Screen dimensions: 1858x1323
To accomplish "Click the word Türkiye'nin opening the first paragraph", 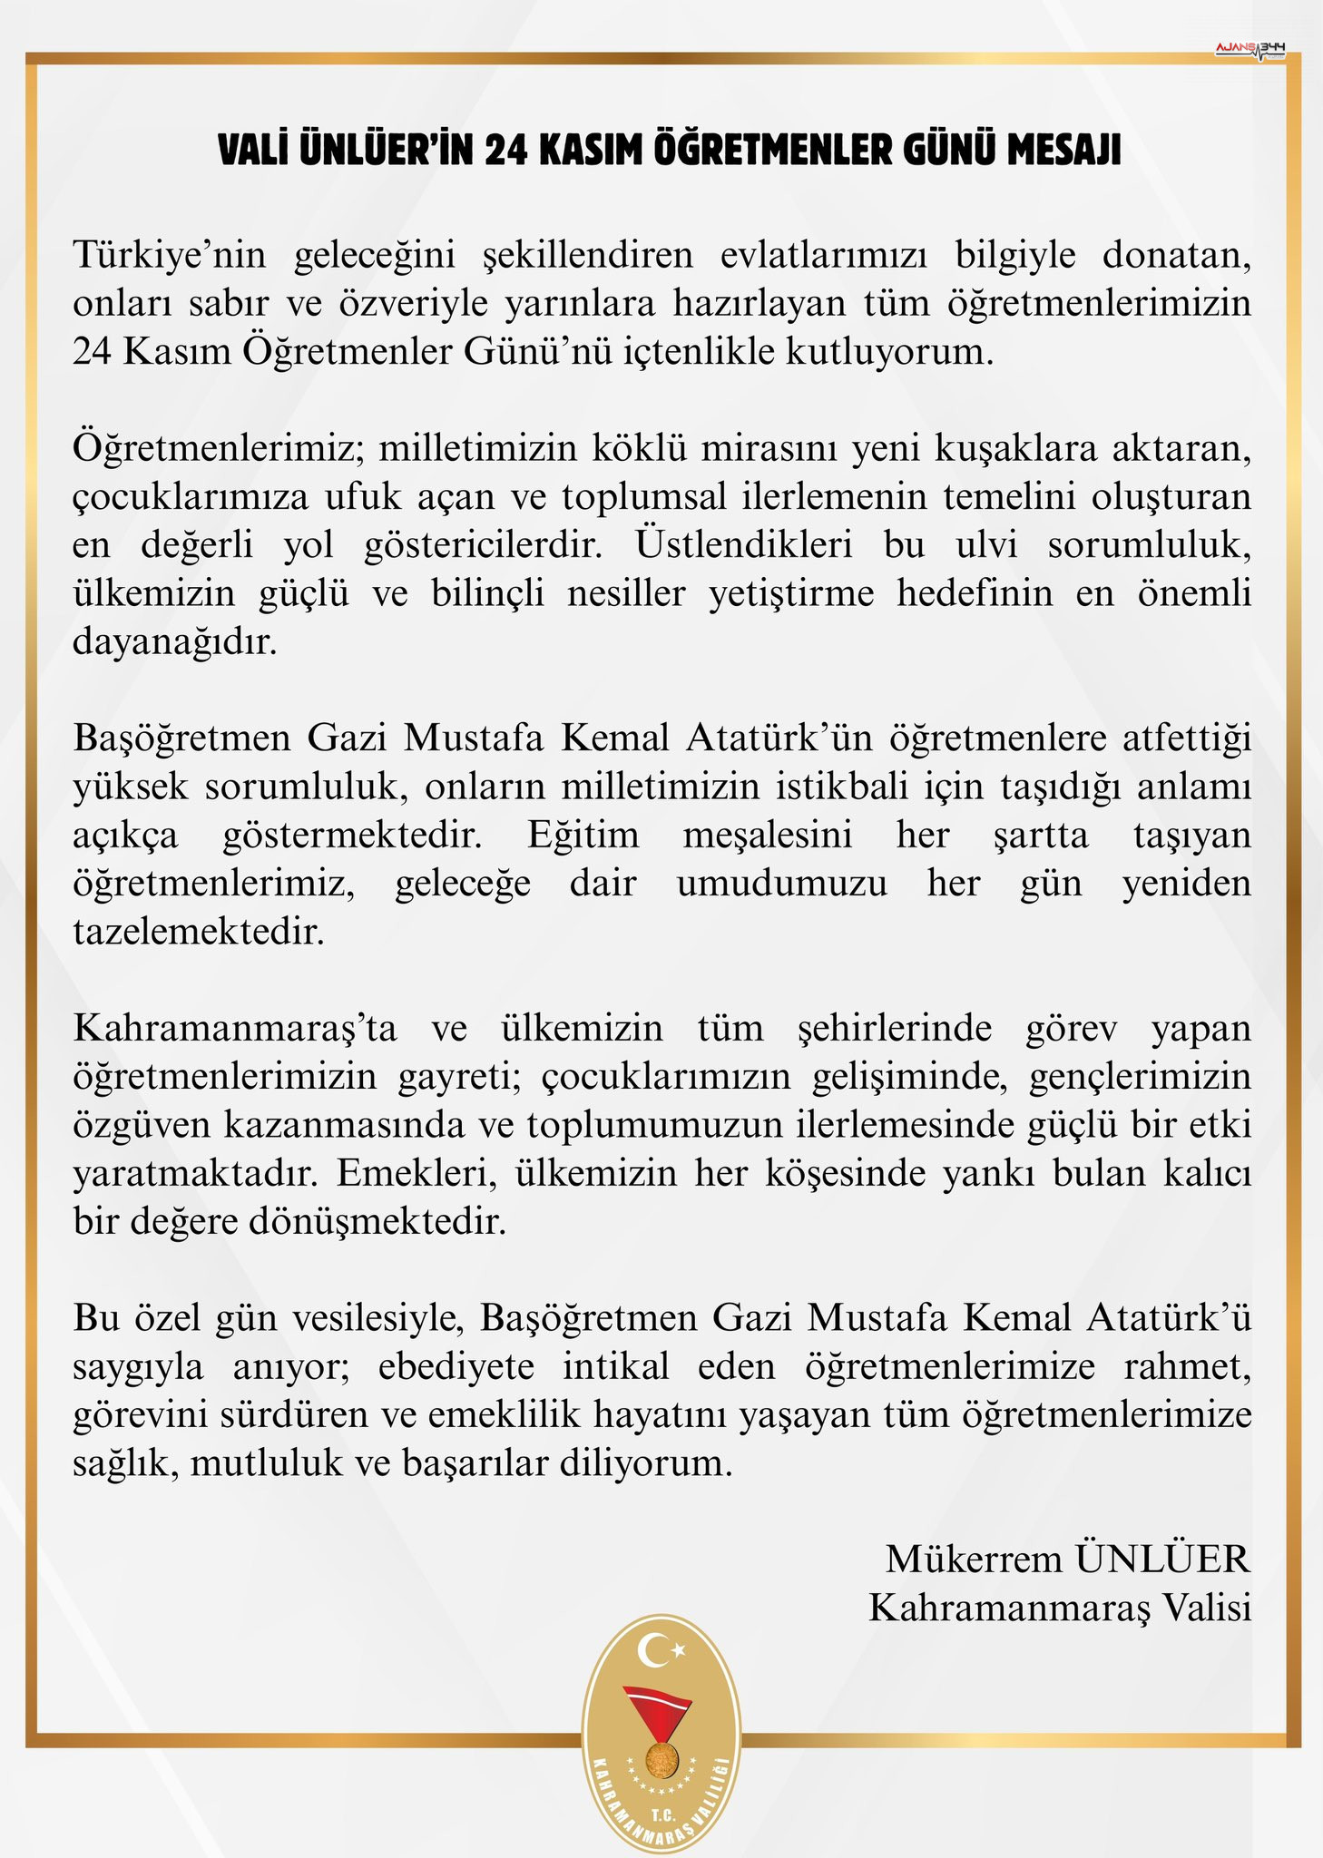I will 170,256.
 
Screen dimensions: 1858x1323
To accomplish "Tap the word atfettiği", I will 1187,738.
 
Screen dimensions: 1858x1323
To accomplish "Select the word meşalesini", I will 768,835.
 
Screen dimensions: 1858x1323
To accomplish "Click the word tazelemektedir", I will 198,932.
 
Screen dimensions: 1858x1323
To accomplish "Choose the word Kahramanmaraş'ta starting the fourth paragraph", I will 235,1029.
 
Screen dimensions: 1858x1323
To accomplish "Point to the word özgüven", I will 140,1126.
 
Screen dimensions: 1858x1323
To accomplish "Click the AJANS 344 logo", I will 1249,47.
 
